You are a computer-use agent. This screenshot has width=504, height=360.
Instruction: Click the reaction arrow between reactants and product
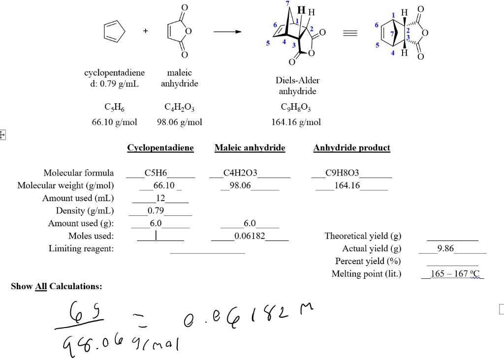[227, 31]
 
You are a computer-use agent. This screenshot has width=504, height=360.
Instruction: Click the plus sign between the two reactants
[146, 31]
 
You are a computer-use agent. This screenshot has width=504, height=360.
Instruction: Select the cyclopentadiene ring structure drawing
[114, 31]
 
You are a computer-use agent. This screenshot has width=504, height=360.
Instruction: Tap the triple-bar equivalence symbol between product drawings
[350, 33]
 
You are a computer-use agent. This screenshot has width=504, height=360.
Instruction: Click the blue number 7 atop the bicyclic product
[287, 3]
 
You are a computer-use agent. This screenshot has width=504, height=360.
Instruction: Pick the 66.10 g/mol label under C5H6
[114, 122]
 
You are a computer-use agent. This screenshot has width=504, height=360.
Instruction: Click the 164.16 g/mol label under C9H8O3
[296, 122]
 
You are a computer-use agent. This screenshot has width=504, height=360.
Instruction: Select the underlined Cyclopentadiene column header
[160, 148]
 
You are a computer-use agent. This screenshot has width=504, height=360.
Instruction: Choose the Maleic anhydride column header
[250, 148]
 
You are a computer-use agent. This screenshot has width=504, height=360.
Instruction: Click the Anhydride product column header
[351, 148]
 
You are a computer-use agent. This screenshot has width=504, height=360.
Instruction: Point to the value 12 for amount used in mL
[160, 198]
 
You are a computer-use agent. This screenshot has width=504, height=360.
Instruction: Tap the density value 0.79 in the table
[156, 210]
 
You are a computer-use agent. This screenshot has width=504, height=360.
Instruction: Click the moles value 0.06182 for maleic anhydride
[250, 236]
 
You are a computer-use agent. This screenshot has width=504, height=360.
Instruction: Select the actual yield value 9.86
[445, 248]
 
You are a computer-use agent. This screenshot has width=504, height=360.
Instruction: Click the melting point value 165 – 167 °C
[454, 274]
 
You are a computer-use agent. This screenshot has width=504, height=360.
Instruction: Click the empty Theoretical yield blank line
[453, 240]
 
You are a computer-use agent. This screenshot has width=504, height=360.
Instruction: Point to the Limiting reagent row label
[81, 248]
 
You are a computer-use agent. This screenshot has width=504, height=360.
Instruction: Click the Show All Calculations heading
[57, 286]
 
